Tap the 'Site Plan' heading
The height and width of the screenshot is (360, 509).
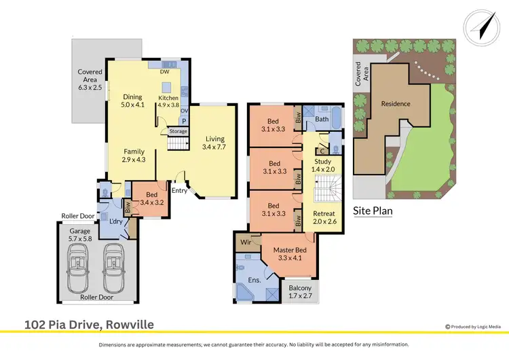point(373,211)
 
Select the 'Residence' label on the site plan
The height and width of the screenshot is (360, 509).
point(395,104)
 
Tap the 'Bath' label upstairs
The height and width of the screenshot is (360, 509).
point(321,120)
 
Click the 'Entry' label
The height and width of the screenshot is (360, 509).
point(179,191)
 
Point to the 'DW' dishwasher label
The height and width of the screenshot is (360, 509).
point(164,71)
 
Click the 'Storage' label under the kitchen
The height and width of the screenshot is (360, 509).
point(178,131)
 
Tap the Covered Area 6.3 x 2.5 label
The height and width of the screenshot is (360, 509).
point(90,80)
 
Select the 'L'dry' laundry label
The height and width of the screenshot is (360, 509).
point(115,221)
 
